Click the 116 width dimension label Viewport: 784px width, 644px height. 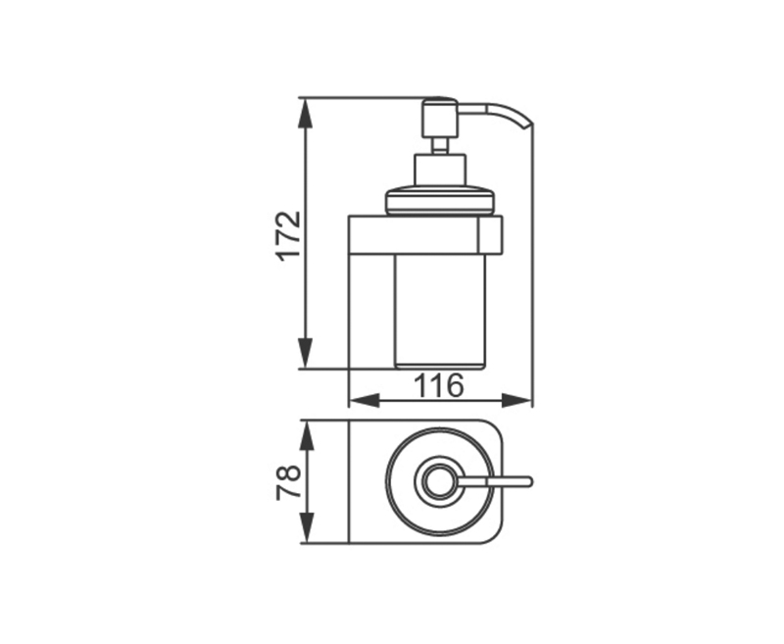click(x=439, y=385)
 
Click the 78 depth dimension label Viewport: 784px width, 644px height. click(x=289, y=482)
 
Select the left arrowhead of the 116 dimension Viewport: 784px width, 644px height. click(x=364, y=400)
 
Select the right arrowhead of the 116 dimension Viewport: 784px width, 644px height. click(x=515, y=400)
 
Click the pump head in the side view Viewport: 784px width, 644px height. click(x=440, y=118)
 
